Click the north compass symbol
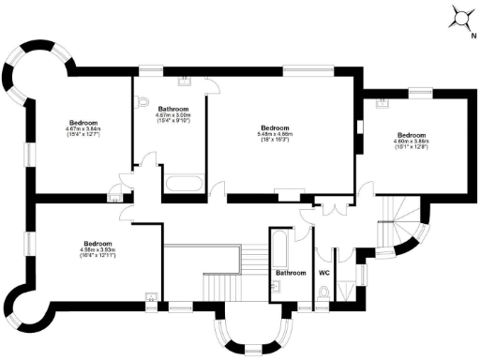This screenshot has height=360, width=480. point(461,17)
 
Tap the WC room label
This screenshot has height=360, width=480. point(324,273)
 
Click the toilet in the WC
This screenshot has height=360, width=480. point(324,294)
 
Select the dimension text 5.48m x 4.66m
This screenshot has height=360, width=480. point(275,135)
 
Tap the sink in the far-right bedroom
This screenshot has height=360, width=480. point(381,104)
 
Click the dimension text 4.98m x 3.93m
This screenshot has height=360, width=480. point(97,250)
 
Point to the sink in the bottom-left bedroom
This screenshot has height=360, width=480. point(150,300)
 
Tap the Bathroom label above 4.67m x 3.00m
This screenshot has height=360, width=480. point(173,109)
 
